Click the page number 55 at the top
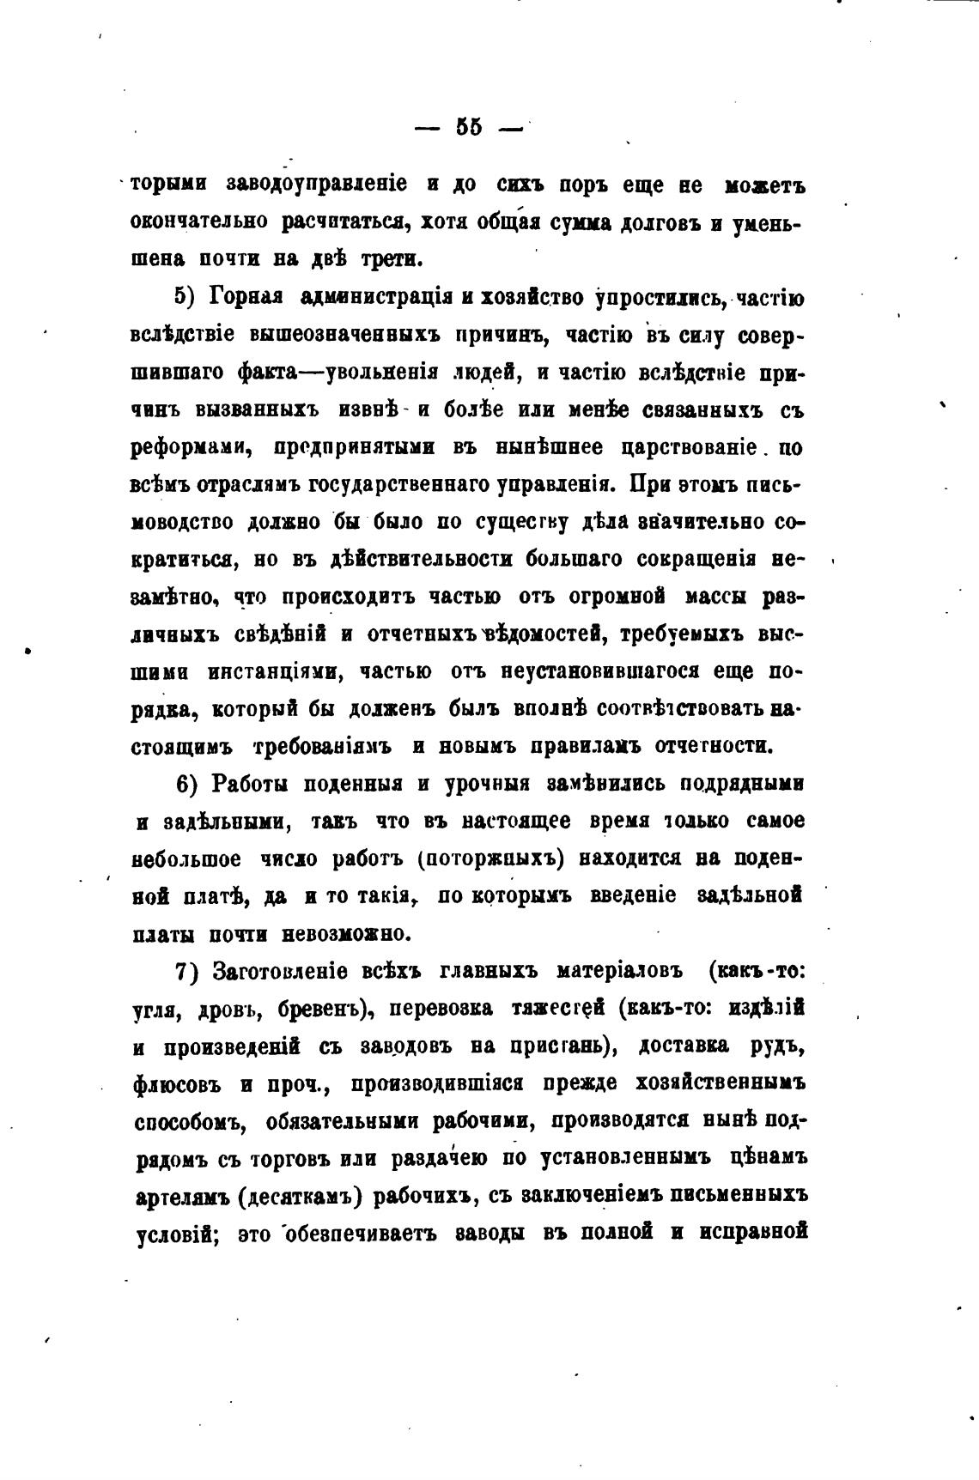pyautogui.click(x=469, y=127)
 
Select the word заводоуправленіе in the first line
pyautogui.click(x=316, y=185)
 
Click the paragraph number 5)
pyautogui.click(x=187, y=297)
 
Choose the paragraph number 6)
pyautogui.click(x=187, y=784)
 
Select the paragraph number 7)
pyautogui.click(x=187, y=971)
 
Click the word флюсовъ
pyautogui.click(x=178, y=1083)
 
